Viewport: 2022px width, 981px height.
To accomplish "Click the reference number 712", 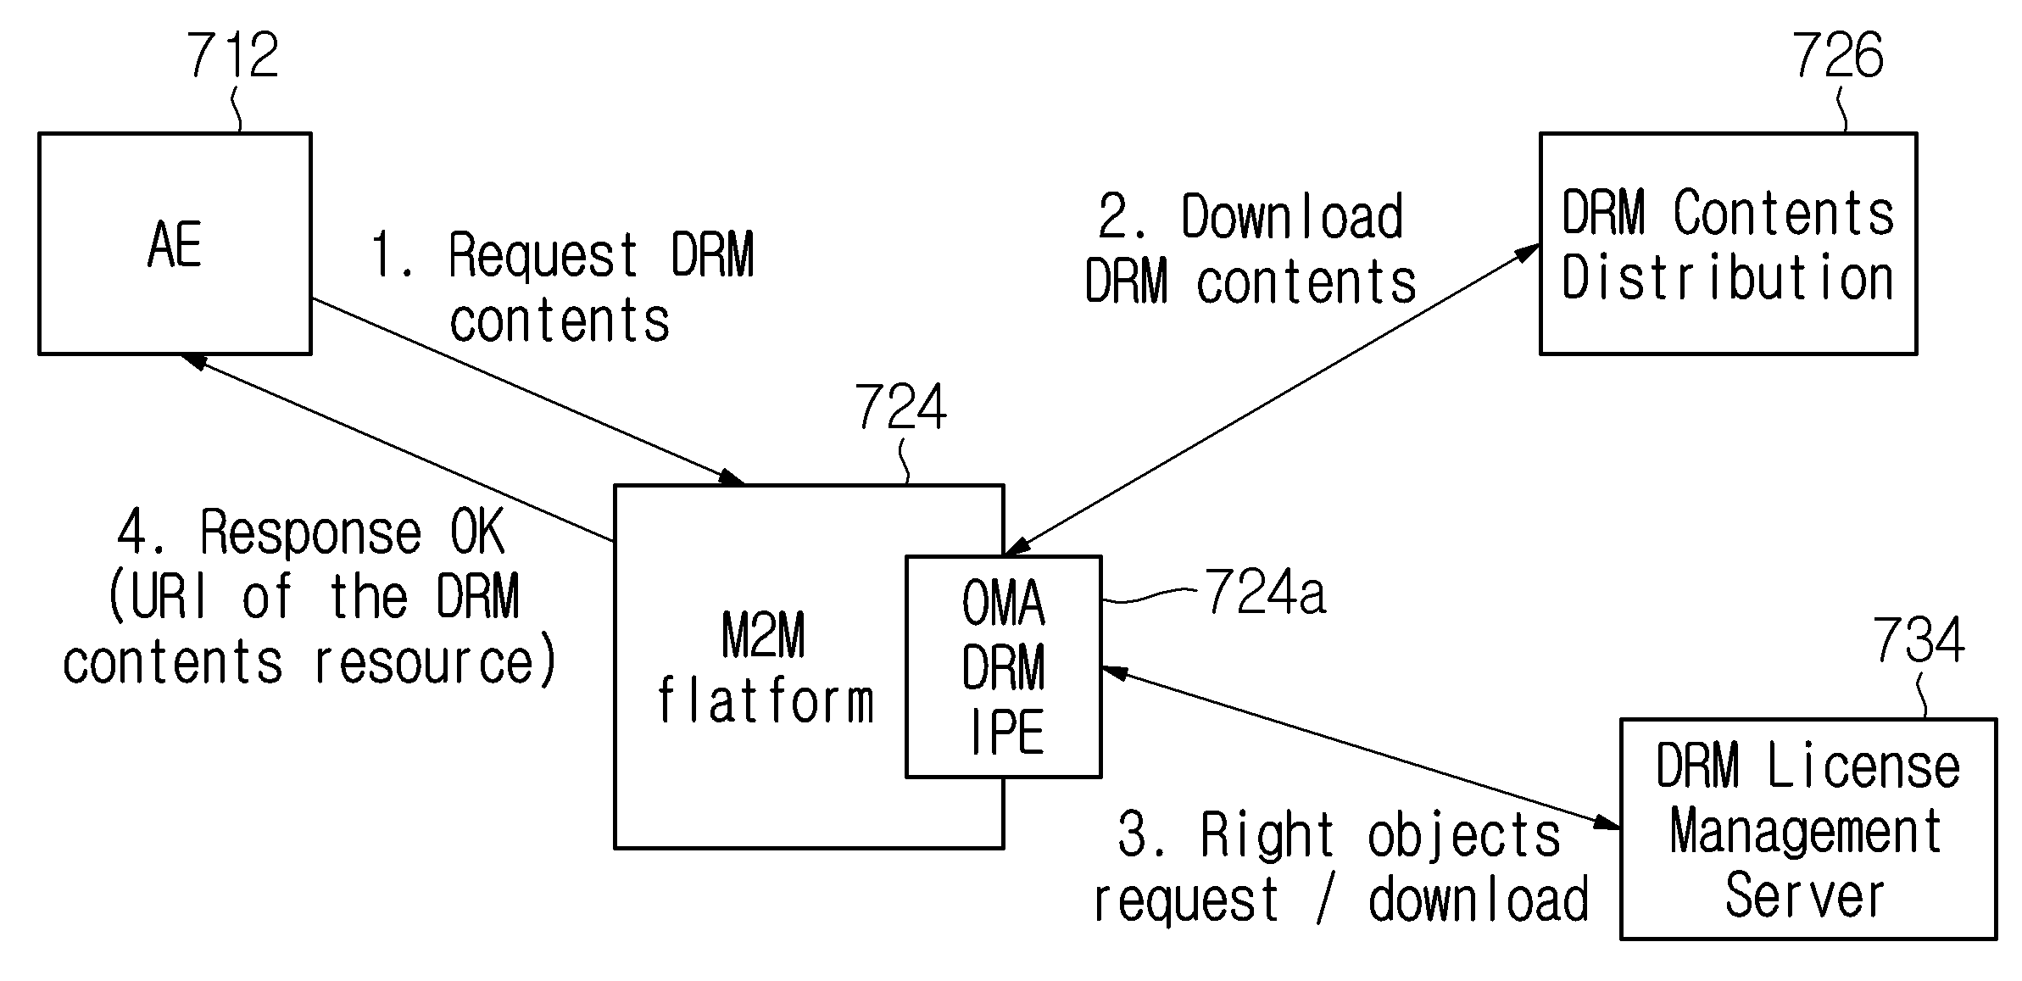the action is [232, 56].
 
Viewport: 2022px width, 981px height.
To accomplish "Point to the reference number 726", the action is [1837, 56].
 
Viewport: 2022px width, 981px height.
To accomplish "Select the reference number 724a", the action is [1265, 591].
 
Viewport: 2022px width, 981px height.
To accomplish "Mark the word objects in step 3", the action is [1464, 836].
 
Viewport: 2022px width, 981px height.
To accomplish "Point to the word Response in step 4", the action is [310, 532].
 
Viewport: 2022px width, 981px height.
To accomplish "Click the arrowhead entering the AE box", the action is [194, 362].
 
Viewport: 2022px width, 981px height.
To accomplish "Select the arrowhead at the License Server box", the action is [1607, 822].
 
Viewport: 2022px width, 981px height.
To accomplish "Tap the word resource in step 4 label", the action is [424, 662].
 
